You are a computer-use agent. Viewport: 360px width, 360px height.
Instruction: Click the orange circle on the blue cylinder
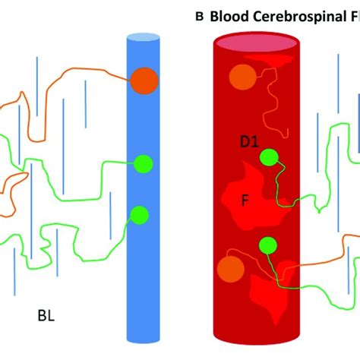144,81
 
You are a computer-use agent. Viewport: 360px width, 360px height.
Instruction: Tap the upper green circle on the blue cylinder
144,163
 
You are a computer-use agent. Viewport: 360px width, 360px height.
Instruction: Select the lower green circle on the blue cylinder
139,216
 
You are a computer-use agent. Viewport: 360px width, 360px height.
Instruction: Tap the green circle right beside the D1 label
269,157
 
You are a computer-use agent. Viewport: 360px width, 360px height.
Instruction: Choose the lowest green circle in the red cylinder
267,245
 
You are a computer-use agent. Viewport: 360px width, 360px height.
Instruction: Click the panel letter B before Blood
200,17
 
